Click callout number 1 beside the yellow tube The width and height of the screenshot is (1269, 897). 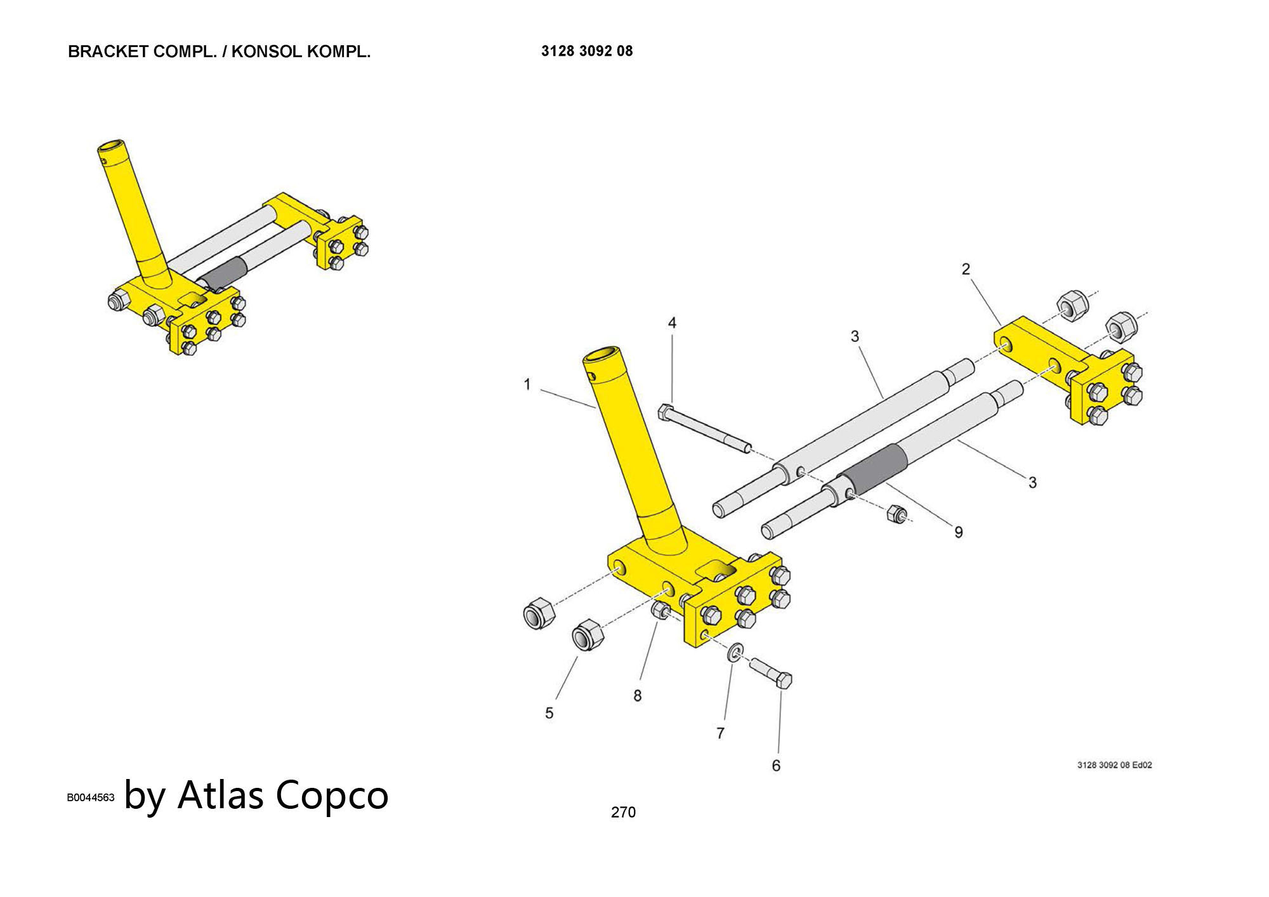tap(527, 384)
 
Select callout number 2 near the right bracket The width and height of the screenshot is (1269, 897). tap(966, 270)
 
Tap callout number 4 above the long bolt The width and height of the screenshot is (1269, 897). tap(672, 323)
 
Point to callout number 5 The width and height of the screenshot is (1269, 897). tap(549, 713)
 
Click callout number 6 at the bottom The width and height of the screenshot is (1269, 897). tap(776, 766)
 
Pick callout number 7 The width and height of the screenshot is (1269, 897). tap(720, 733)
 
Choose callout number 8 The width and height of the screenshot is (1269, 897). tap(638, 696)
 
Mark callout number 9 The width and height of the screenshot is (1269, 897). tap(959, 532)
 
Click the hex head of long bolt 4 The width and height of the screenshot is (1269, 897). tap(665, 412)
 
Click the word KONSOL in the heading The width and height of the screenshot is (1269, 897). tap(266, 52)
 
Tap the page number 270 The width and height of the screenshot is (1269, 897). tap(623, 812)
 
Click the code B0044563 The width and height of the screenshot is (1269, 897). tap(91, 798)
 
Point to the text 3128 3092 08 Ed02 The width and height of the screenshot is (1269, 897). tap(1114, 765)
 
